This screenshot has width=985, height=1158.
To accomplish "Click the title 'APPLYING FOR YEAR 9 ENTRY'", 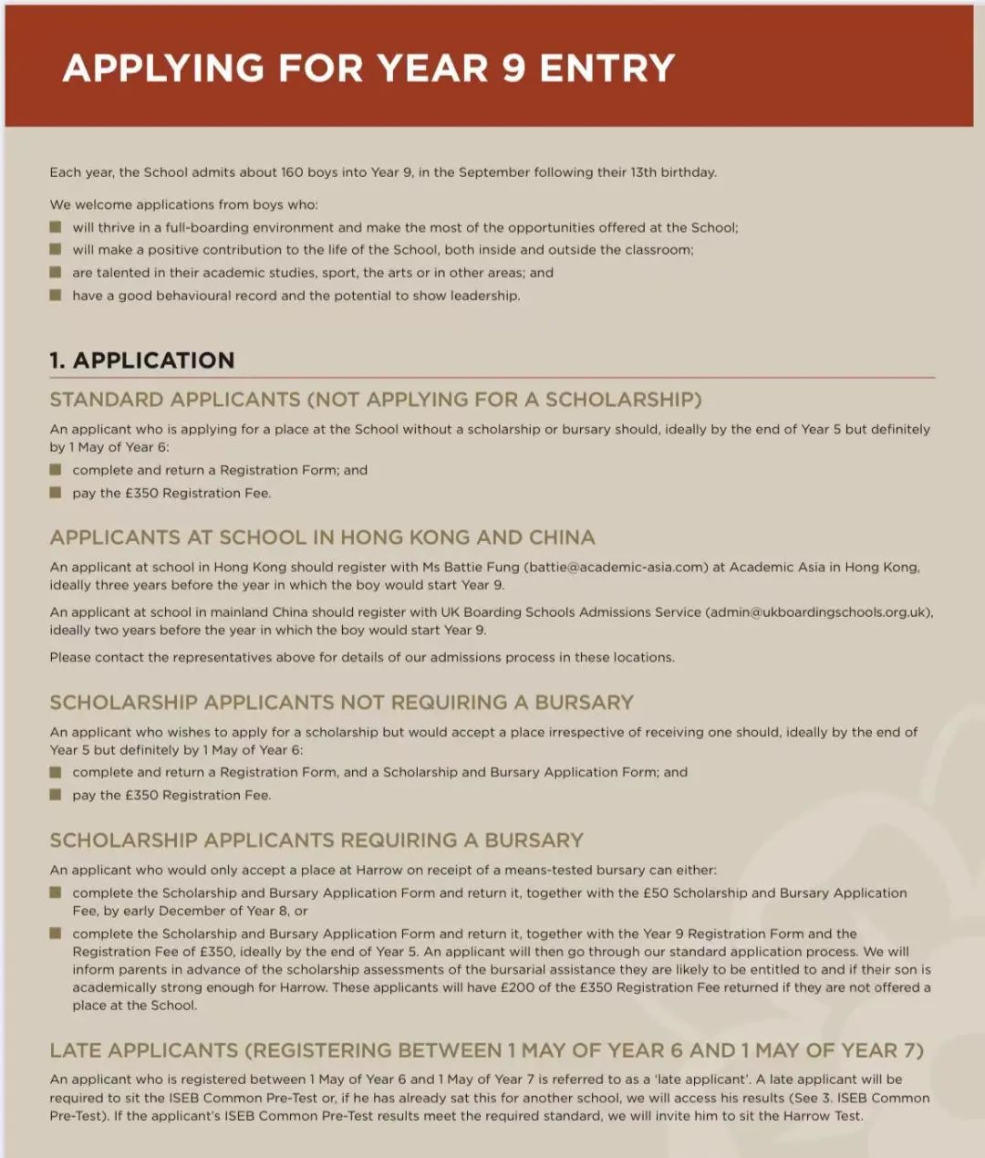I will (x=368, y=68).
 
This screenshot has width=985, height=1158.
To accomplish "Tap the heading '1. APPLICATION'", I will (x=142, y=360).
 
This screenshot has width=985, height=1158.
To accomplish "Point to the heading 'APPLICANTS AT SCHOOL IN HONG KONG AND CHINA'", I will (x=322, y=537).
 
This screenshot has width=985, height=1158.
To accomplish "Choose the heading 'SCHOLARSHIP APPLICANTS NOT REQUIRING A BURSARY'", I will (x=341, y=703).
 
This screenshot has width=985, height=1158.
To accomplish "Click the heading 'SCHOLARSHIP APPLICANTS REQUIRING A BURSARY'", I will (x=316, y=840).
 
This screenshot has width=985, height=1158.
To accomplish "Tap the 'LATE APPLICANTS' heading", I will (x=143, y=1051).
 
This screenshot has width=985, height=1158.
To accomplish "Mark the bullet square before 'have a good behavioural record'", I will (x=56, y=296).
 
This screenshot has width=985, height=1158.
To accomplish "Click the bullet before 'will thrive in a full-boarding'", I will (x=56, y=227).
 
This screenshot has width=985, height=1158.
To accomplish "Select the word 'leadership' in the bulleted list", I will (x=482, y=296).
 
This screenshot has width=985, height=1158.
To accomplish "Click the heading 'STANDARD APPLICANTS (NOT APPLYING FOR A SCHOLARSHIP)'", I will (x=375, y=400).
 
